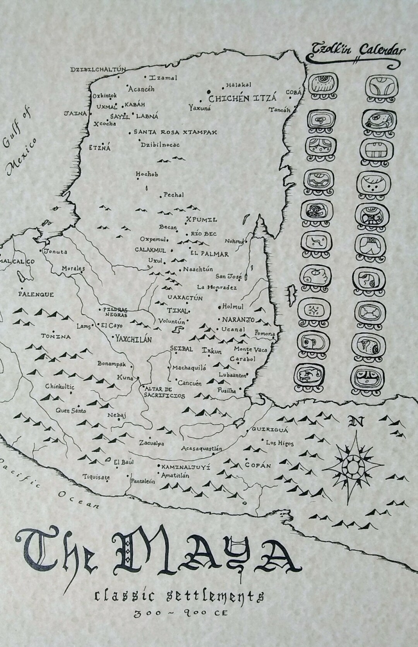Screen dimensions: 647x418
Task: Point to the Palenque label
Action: (36, 294)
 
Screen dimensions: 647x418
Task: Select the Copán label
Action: (258, 465)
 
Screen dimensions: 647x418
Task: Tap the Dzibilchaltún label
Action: (98, 70)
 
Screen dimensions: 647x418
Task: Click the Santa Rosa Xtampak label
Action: (175, 132)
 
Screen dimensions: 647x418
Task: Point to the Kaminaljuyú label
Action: (186, 467)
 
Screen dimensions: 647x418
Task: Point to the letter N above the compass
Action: (353, 422)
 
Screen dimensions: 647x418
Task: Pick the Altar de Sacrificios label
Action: (164, 392)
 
